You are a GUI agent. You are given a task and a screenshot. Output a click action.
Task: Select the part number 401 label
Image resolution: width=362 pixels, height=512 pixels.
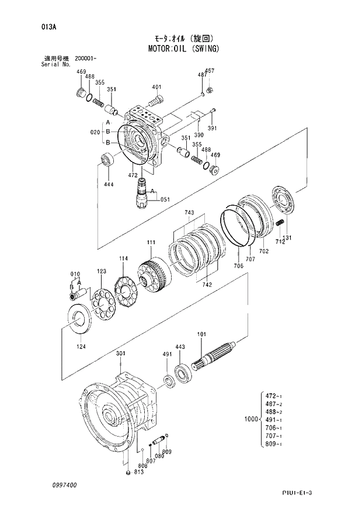coord(156,88)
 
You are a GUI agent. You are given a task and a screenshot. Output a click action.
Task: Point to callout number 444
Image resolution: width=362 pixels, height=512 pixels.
coord(109,184)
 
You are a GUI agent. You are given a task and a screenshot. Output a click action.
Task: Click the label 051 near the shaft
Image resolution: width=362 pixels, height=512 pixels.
coord(165,200)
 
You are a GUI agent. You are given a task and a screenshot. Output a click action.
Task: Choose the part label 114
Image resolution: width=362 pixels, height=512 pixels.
coord(123,258)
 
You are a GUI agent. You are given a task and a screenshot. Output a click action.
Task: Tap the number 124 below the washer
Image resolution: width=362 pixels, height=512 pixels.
coord(81,346)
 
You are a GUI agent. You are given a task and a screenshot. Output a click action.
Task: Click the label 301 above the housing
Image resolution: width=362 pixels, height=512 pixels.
coord(120,354)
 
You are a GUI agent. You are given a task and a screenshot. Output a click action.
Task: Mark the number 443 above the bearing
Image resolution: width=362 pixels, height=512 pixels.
coord(180,347)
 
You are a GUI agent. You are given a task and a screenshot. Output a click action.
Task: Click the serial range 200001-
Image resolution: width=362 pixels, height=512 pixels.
coord(86,59)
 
